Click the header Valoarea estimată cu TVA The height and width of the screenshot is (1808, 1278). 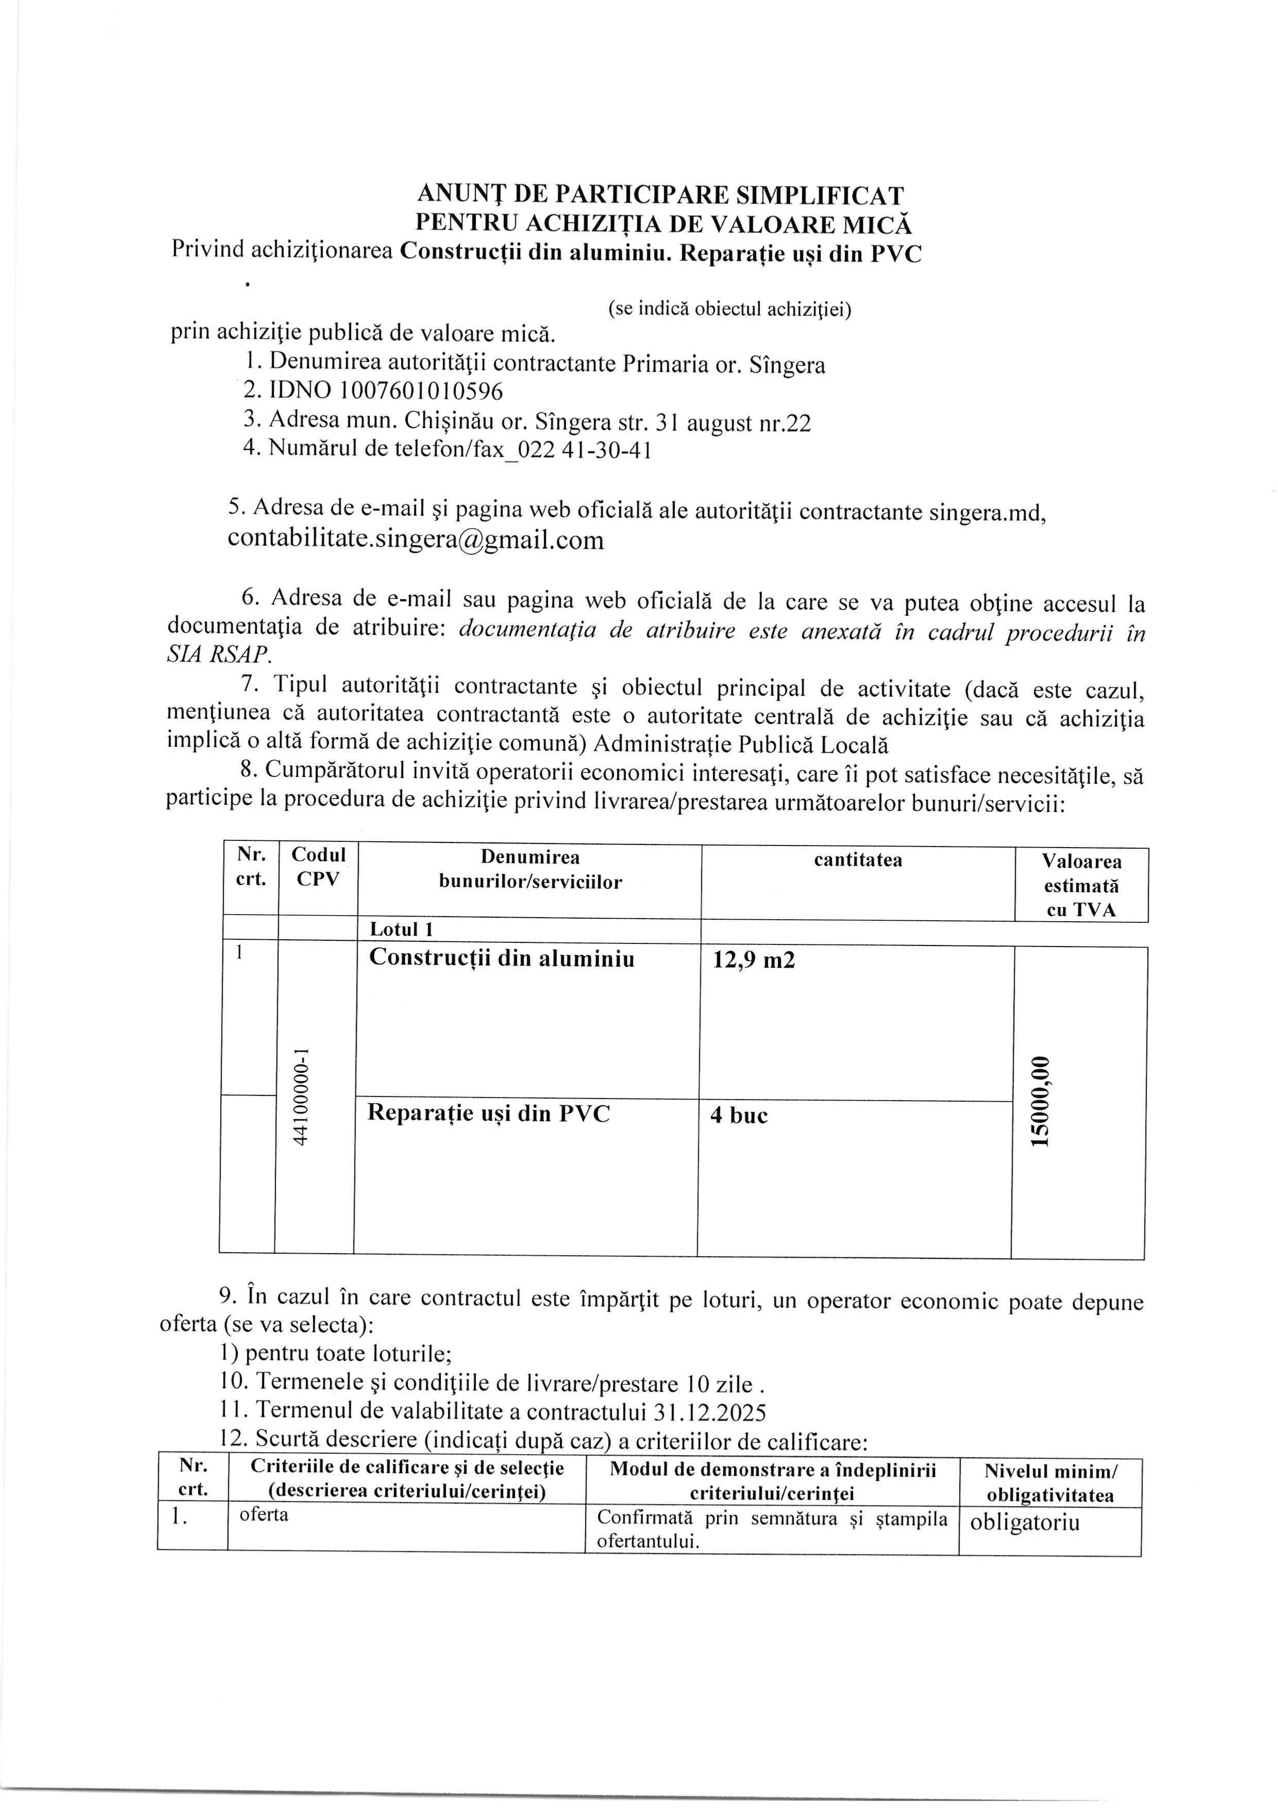1081,885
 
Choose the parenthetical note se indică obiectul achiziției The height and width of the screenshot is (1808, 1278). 729,310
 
